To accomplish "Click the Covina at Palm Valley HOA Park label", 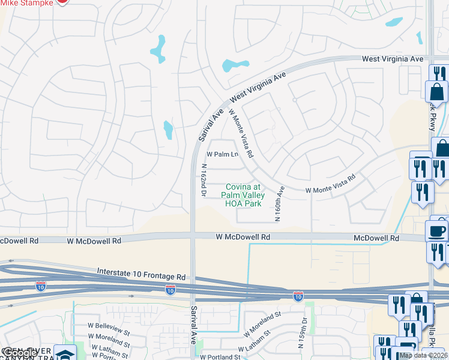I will pyautogui.click(x=243, y=196).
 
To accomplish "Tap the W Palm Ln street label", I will pyautogui.click(x=223, y=155).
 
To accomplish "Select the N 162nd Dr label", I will pyautogui.click(x=204, y=181).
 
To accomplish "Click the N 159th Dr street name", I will pyautogui.click(x=304, y=337).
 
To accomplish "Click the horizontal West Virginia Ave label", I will pyautogui.click(x=393, y=59).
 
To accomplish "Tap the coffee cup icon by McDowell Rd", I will pyautogui.click(x=436, y=230).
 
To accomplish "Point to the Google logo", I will pyautogui.click(x=19, y=353).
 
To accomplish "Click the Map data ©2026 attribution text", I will pyautogui.click(x=423, y=355).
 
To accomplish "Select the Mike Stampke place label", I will pyautogui.click(x=26, y=2).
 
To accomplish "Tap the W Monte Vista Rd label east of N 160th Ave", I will pyautogui.click(x=331, y=184).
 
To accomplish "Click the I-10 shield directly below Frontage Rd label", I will pyautogui.click(x=170, y=290).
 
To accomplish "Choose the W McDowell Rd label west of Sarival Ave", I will pyautogui.click(x=94, y=240).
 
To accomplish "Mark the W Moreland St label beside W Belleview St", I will pyautogui.click(x=109, y=341).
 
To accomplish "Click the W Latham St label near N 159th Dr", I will pyautogui.click(x=259, y=344).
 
